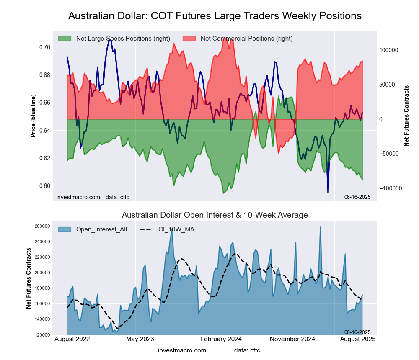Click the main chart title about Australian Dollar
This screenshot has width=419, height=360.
[x=215, y=16]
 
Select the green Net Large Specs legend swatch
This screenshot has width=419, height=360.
[x=65, y=39]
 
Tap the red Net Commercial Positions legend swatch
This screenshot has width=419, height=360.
[x=189, y=39]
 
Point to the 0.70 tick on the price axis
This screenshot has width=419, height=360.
[x=44, y=47]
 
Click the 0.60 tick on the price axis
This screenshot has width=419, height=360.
[x=44, y=186]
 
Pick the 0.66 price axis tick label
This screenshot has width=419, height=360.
[x=44, y=103]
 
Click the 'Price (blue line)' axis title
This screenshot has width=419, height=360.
[x=33, y=117]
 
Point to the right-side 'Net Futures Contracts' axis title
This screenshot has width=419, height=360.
[x=406, y=116]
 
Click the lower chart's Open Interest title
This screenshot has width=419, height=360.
[x=215, y=215]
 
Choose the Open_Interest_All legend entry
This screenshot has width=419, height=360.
[x=93, y=229]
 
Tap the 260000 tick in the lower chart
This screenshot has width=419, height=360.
[x=42, y=226]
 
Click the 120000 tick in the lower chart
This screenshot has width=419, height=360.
[x=42, y=335]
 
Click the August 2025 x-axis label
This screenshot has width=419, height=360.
[x=357, y=339]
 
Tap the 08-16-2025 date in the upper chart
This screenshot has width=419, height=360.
[x=357, y=197]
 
